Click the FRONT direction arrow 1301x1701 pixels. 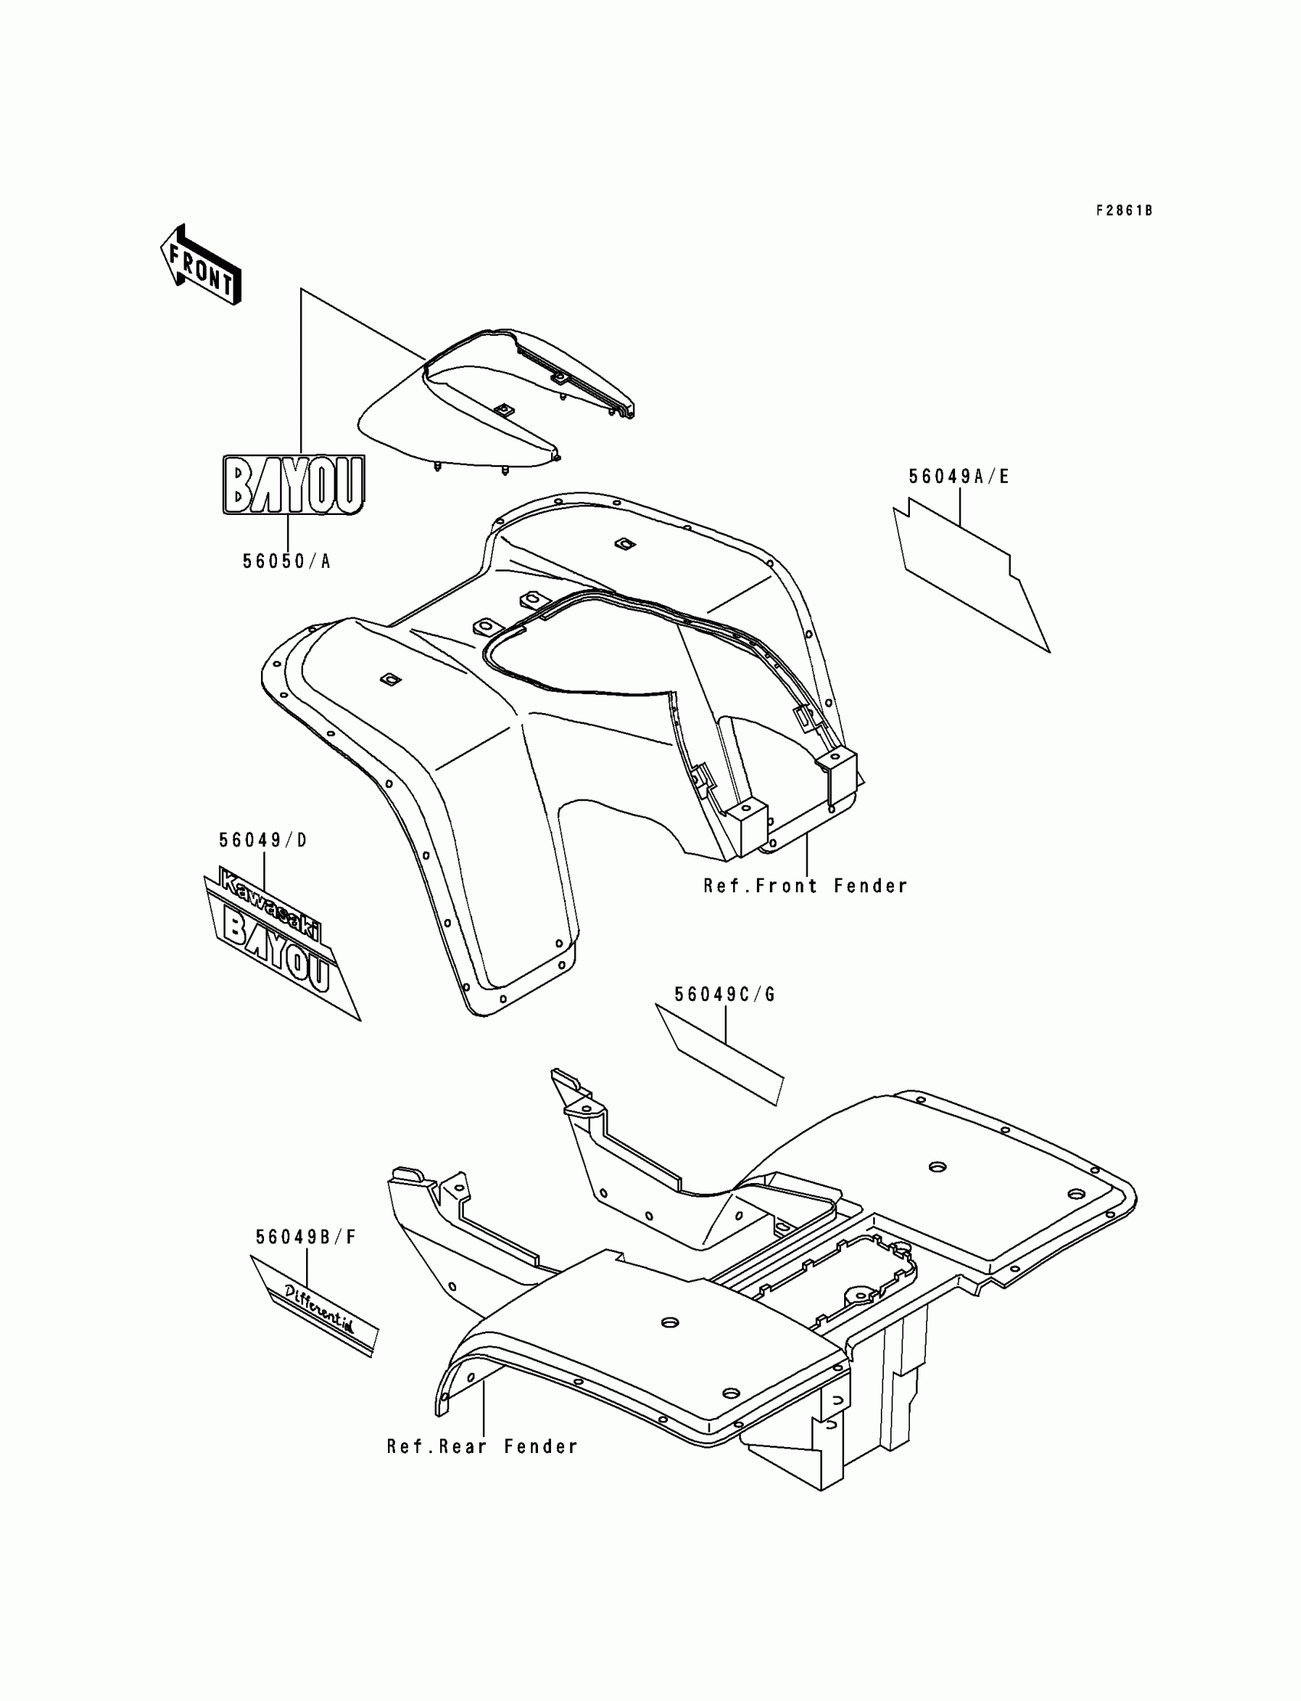tap(201, 265)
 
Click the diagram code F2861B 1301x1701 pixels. tap(1123, 210)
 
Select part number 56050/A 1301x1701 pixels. tap(286, 562)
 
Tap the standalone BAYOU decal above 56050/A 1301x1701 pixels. tap(294, 484)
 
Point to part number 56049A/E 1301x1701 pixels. tap(959, 477)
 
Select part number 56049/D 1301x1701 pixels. tap(262, 840)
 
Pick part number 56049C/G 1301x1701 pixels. tap(725, 995)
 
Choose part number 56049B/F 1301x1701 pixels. tap(306, 1237)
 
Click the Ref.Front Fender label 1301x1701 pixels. tap(804, 886)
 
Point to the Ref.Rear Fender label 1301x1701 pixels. tap(482, 1446)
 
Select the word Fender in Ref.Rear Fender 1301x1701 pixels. tap(540, 1446)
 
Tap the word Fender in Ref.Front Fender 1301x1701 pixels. tap(869, 886)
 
